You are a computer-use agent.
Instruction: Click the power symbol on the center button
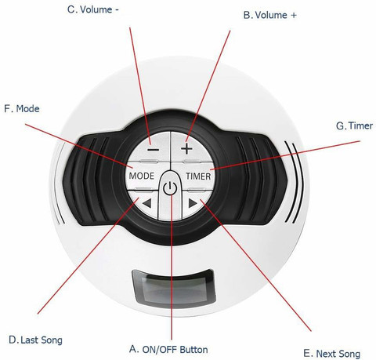pos(170,188)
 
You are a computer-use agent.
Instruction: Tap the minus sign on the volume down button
pos(153,150)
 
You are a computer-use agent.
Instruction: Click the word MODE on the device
pos(141,176)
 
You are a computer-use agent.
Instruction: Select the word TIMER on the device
pos(198,176)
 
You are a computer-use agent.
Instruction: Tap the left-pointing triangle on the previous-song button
pos(146,203)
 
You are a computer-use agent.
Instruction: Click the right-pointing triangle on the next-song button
pos(193,203)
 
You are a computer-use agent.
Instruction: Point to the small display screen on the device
pos(174,287)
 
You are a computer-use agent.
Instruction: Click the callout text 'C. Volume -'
pos(93,9)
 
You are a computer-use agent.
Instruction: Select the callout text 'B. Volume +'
pos(270,15)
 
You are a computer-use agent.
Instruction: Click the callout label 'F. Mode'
pos(22,108)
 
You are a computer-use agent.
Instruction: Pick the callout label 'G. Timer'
pos(354,125)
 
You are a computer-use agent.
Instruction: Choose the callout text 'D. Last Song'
pos(35,340)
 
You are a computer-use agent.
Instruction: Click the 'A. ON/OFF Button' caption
pos(168,350)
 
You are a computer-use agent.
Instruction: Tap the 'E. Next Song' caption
pos(331,354)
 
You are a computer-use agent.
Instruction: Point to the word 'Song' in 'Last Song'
pos(51,341)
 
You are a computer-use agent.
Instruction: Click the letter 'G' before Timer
pos(340,126)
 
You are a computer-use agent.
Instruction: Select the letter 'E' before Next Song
pos(306,354)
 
